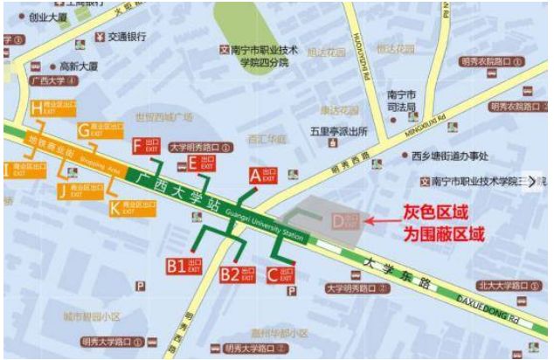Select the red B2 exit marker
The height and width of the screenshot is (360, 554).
[237, 274]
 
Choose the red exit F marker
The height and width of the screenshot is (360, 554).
[145, 146]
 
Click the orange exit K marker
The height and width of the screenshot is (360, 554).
[126, 207]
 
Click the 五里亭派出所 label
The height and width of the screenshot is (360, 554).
[330, 132]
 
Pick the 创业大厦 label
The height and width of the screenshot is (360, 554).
[48, 16]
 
